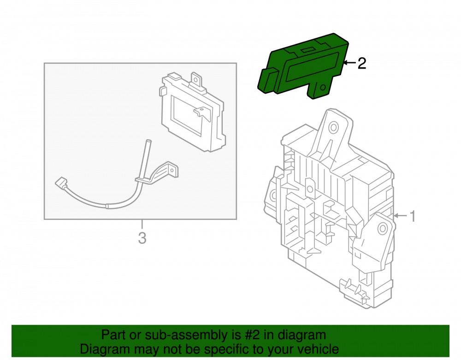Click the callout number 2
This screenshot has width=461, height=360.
point(361,63)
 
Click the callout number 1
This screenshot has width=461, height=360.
point(413,216)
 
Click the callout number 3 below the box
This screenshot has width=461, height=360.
point(142,238)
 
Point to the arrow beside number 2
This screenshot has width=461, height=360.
point(349,63)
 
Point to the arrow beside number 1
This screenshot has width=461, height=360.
point(401,216)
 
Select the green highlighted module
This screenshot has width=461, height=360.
point(303,66)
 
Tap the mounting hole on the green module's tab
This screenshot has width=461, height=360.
point(323,87)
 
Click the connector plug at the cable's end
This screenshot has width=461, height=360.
point(61,183)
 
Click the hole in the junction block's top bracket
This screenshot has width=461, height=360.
point(334,128)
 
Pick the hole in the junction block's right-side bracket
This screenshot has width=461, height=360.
point(383,228)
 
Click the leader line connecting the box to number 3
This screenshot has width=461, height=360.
point(142,224)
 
